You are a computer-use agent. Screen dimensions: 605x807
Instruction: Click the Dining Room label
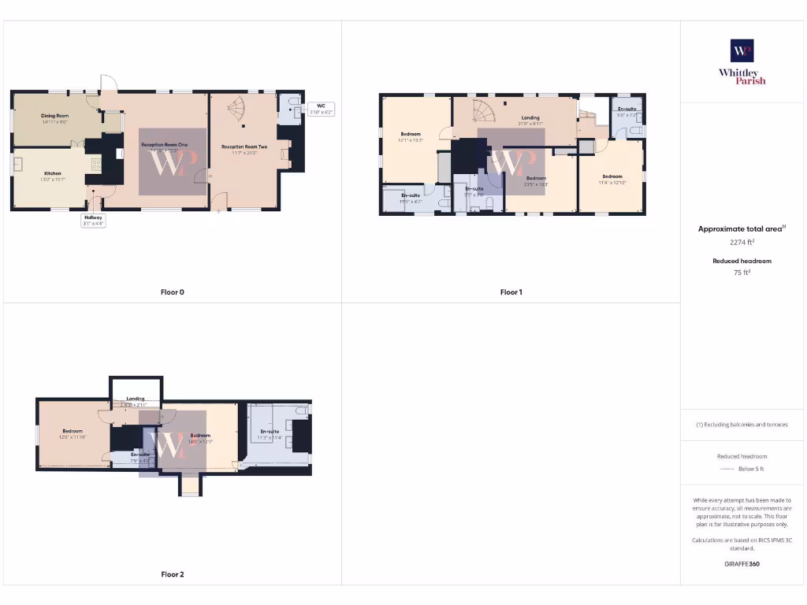pos(55,116)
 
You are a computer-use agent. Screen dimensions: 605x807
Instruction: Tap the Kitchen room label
pos(52,173)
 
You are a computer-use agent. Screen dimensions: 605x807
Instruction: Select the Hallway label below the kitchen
pos(94,217)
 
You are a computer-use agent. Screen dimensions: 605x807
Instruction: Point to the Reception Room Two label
pos(244,147)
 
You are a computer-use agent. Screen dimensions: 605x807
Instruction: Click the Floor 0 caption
pos(172,292)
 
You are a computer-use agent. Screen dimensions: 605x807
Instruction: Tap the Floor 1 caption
pos(511,292)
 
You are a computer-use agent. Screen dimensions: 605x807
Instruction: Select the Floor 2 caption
pos(172,574)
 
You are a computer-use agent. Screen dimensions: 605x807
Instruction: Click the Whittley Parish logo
pos(742,61)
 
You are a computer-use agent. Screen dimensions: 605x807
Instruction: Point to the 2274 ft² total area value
pos(741,242)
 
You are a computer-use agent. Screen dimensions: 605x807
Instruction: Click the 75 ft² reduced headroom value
pos(742,273)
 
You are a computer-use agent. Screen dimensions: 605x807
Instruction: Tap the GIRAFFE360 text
pos(742,564)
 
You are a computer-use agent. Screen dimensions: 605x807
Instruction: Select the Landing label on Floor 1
pos(530,118)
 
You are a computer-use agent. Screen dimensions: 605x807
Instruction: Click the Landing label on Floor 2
pos(136,399)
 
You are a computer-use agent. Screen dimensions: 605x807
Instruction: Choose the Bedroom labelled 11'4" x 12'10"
pos(612,176)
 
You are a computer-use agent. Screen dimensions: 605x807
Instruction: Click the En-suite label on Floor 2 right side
pos(270,432)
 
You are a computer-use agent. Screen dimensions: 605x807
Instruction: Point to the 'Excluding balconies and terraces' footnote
pos(742,425)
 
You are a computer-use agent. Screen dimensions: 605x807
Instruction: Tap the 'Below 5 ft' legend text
pos(751,469)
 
